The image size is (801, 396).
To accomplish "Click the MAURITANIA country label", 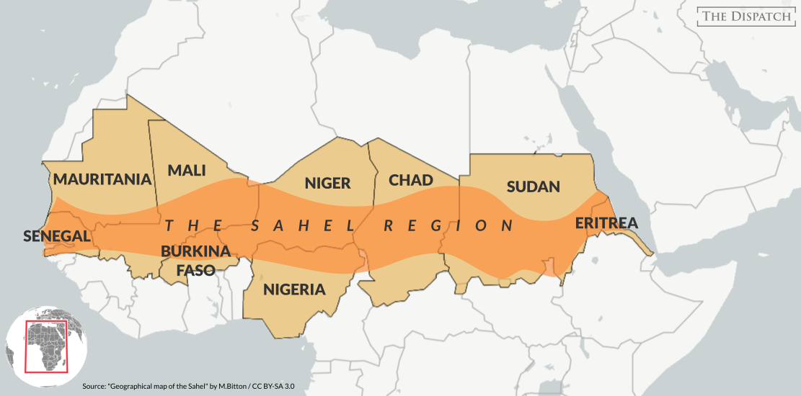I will click(102, 179).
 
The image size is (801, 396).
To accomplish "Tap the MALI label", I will click(187, 171).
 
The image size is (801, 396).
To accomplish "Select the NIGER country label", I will click(327, 183).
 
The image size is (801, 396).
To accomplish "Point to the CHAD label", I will click(411, 180).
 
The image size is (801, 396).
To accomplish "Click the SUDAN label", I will click(533, 187).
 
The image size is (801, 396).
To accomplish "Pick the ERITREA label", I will click(606, 223).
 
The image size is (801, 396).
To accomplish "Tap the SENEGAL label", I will click(56, 235).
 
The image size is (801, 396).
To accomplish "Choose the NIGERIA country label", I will click(294, 290).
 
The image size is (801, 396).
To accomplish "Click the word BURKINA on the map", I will click(195, 252).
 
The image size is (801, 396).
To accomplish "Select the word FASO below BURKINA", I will click(195, 271).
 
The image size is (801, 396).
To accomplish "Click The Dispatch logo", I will click(746, 17).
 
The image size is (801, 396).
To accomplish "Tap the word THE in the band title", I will click(191, 225).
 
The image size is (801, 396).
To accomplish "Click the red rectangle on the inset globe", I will click(46, 346).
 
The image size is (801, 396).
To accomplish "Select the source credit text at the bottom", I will click(188, 386).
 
